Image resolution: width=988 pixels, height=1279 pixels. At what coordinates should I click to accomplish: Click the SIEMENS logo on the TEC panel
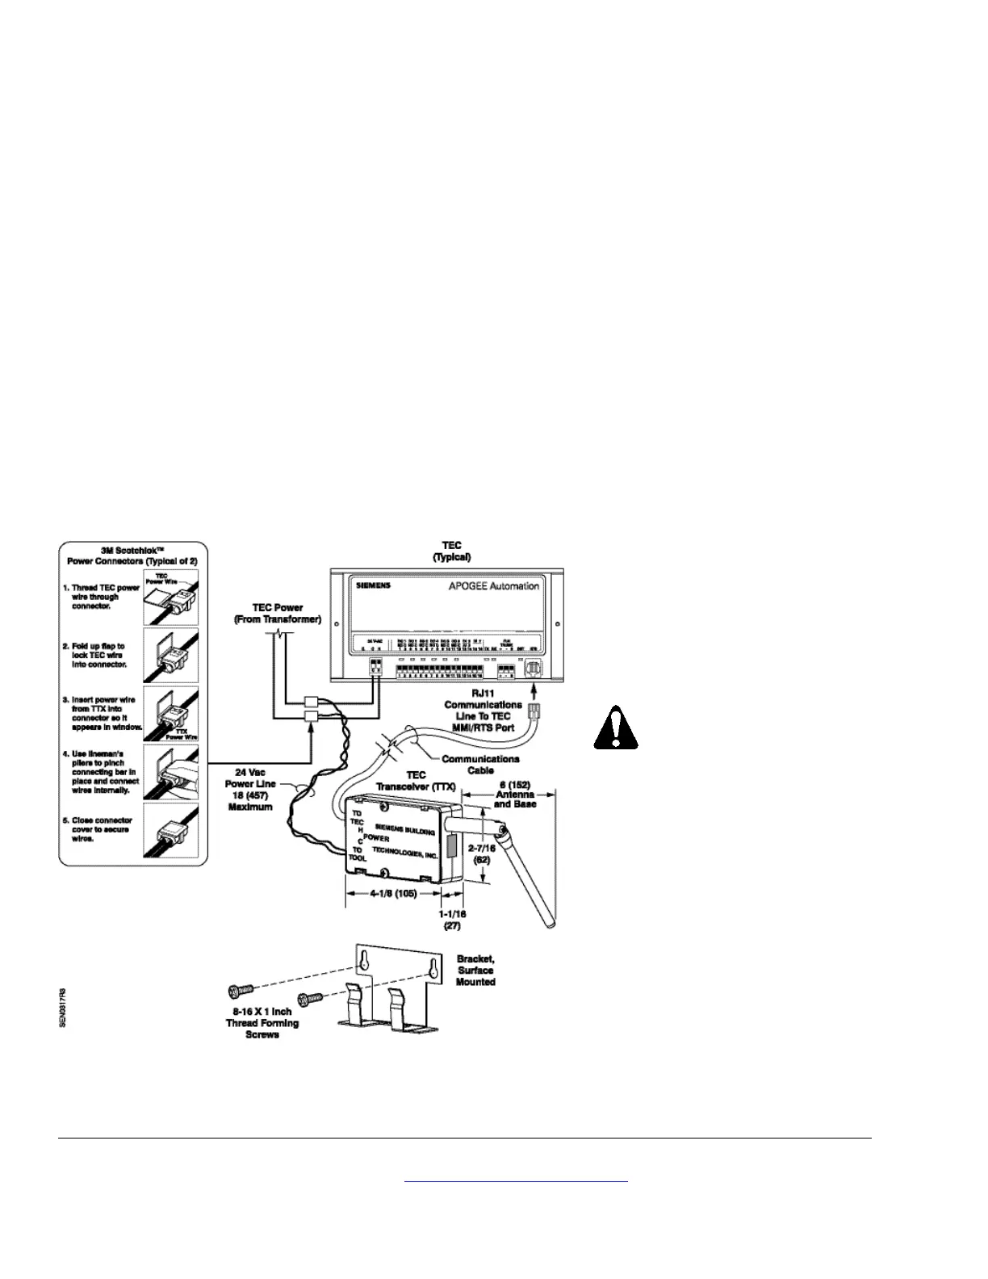[373, 585]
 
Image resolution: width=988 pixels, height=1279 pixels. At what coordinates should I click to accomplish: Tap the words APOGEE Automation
[494, 585]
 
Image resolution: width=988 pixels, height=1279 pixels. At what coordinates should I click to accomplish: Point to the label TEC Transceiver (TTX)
[416, 781]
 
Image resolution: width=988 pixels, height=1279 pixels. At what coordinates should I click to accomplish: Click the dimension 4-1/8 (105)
[393, 894]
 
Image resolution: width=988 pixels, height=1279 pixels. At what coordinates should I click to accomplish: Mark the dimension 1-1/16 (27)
[453, 920]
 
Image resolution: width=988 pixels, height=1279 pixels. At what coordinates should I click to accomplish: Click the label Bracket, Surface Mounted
[475, 970]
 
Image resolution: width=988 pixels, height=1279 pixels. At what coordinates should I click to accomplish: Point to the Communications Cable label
[480, 764]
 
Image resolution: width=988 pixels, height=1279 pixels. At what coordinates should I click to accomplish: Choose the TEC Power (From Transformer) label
[278, 614]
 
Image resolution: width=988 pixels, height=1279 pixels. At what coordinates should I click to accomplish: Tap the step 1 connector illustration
[170, 596]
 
